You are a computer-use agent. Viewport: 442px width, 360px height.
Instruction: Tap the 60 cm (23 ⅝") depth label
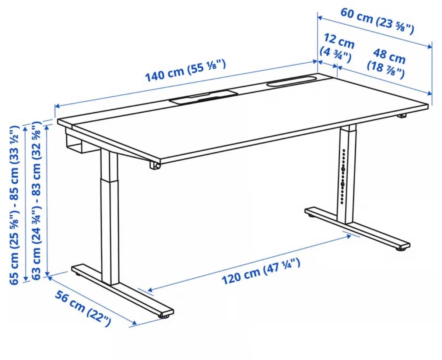[x=377, y=21]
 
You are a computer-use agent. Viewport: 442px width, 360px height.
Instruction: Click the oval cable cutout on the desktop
[x=290, y=81]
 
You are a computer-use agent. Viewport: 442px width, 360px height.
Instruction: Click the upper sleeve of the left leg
[x=109, y=163]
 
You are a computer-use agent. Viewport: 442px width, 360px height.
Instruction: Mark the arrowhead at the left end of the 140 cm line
[x=57, y=106]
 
